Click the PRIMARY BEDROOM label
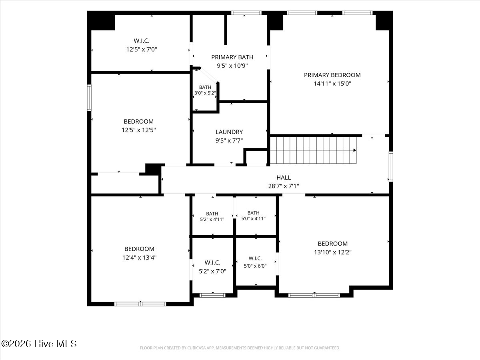[332, 75]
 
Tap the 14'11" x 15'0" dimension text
[332, 84]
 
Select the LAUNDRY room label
[229, 132]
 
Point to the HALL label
[284, 178]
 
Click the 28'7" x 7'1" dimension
[284, 186]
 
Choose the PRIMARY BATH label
[232, 57]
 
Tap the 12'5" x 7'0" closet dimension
[142, 49]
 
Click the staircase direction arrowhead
[355, 150]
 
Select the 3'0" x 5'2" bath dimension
[205, 93]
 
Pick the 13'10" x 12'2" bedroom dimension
[333, 252]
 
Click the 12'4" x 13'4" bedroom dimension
[139, 258]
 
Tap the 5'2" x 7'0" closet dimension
[212, 271]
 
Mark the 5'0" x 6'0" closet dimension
[255, 266]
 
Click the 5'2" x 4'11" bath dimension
[212, 219]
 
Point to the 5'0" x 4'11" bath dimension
[254, 218]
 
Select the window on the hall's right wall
[391, 166]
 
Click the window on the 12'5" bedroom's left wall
[89, 98]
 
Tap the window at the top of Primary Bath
[246, 13]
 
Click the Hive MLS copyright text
[39, 344]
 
